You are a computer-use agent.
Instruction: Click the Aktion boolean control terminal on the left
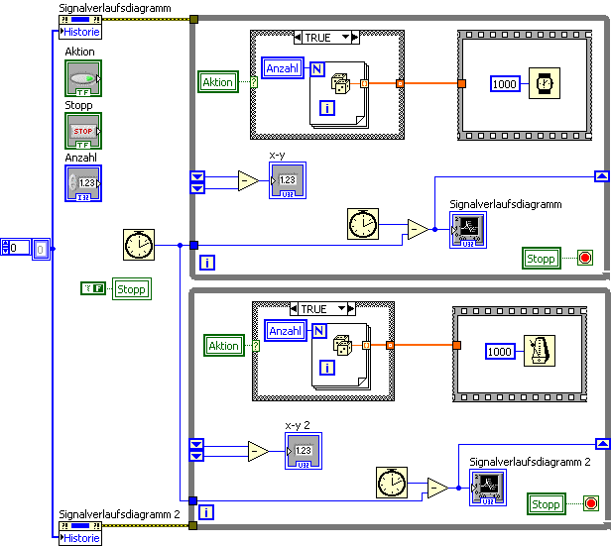[82, 77]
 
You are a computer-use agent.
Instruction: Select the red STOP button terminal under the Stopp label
[82, 130]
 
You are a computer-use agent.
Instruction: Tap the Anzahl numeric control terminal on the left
[82, 183]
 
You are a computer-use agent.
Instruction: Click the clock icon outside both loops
[140, 244]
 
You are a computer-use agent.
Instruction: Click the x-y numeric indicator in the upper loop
[287, 180]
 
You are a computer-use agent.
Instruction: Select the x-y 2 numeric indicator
[302, 452]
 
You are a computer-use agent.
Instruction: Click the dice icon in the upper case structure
[340, 84]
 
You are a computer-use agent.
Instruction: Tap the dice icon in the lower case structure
[343, 347]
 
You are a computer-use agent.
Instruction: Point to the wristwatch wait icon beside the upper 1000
[544, 84]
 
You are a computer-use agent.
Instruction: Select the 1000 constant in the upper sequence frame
[505, 84]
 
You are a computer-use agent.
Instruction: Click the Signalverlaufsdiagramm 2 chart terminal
[487, 487]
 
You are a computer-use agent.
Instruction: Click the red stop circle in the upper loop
[584, 259]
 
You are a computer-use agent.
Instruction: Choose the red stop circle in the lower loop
[591, 504]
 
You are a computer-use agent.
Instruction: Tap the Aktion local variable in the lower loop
[223, 345]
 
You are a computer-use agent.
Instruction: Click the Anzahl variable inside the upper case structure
[286, 68]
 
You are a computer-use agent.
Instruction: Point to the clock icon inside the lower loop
[392, 484]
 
